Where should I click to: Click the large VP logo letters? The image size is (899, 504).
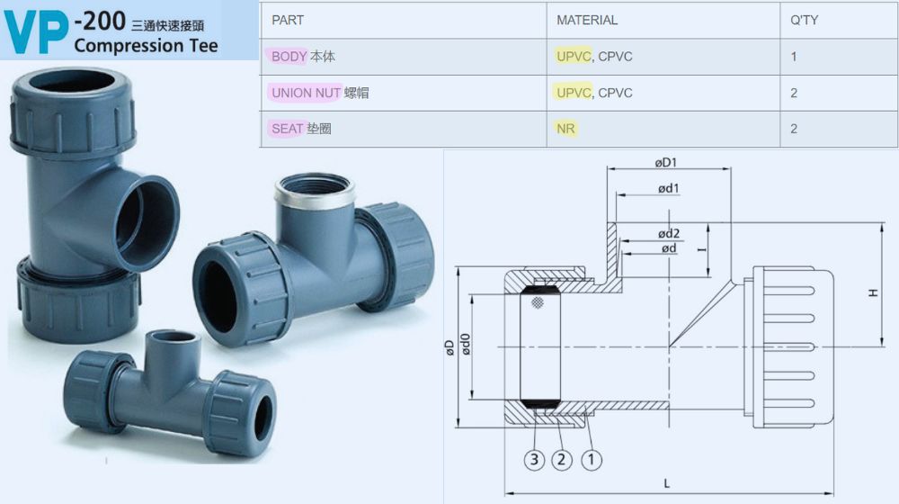pos(36,32)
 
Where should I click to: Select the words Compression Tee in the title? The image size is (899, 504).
pos(147,45)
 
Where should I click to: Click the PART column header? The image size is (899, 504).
pos(288,20)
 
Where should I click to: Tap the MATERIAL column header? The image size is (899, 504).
pos(586,20)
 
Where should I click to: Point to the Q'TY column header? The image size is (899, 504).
pos(804,20)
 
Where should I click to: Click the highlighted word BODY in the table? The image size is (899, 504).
pos(289,57)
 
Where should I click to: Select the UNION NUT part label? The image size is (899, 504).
pos(307,93)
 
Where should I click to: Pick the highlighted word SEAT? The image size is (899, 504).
pos(287,129)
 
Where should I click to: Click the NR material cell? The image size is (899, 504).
pos(565,129)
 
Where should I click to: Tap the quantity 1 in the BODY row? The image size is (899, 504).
pos(794,57)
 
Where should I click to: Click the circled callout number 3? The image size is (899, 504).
pos(534,460)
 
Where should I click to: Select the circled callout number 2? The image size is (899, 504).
pos(562,460)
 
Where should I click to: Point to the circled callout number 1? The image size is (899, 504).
pos(592,460)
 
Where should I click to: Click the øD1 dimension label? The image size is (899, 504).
pos(665,163)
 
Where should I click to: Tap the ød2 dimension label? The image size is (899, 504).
pos(669,233)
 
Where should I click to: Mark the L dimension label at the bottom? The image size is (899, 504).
pos(667,483)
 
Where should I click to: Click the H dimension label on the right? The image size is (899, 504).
pos(873,292)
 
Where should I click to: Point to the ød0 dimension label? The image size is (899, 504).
pos(466,345)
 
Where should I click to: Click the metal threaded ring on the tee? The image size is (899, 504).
pos(314,191)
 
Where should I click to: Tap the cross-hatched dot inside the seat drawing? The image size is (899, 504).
pos(538,302)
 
